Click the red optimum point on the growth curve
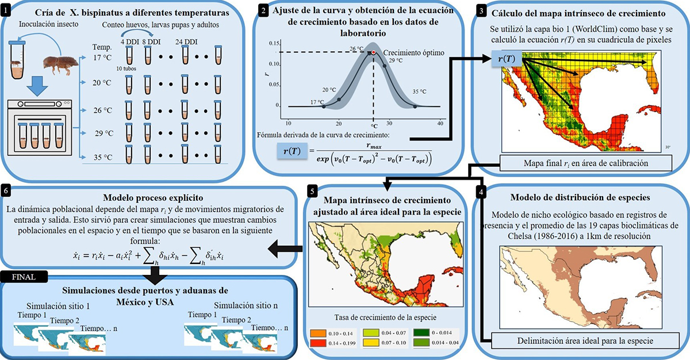(x=373, y=52)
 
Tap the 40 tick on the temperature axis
(x=440, y=123)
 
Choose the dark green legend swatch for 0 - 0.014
(x=421, y=332)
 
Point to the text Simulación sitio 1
(x=57, y=305)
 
